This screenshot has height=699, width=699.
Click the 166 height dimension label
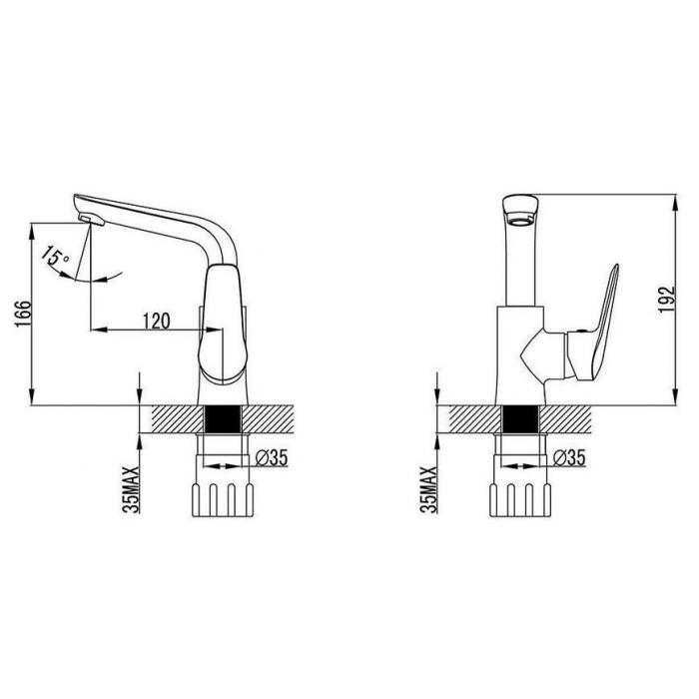coord(23,314)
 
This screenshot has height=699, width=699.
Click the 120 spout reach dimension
coord(156,321)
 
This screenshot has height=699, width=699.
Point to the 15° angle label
coord(56,258)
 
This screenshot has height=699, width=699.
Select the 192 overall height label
coord(667,300)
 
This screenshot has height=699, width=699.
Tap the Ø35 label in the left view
coord(272,457)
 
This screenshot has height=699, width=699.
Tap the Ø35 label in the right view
coord(569,457)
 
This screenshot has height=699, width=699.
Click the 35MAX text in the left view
coord(131,490)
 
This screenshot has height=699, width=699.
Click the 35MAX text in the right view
coord(428,490)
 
